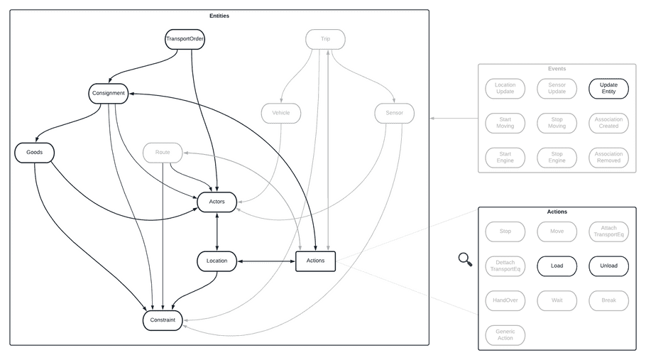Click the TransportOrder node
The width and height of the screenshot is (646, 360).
pyautogui.click(x=185, y=38)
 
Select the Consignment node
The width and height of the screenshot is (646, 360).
pyautogui.click(x=108, y=93)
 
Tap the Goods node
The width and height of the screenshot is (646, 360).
pyautogui.click(x=34, y=152)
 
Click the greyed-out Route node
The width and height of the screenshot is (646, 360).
pyautogui.click(x=163, y=152)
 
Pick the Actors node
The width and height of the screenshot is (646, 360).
pyautogui.click(x=217, y=202)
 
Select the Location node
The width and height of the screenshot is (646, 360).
pyautogui.click(x=217, y=261)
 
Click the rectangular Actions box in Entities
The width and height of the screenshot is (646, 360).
pyautogui.click(x=315, y=261)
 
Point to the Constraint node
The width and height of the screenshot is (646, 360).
pyautogui.click(x=163, y=320)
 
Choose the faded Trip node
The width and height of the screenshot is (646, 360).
pyautogui.click(x=325, y=38)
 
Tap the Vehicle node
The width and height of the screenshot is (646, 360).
pyautogui.click(x=280, y=113)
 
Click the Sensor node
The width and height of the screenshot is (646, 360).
pyautogui.click(x=394, y=113)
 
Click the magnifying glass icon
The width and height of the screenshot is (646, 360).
pyautogui.click(x=465, y=260)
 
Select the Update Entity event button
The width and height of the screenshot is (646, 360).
pyautogui.click(x=608, y=88)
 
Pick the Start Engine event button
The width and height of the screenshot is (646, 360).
pyautogui.click(x=505, y=157)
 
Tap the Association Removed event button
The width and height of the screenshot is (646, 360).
pyautogui.click(x=608, y=157)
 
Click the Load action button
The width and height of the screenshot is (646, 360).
pyautogui.click(x=557, y=266)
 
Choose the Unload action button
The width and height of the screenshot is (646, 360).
pyautogui.click(x=608, y=266)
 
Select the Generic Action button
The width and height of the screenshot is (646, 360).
pyautogui.click(x=505, y=334)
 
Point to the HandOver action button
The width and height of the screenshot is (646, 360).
pyautogui.click(x=505, y=300)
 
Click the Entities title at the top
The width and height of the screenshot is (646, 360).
pyautogui.click(x=219, y=16)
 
